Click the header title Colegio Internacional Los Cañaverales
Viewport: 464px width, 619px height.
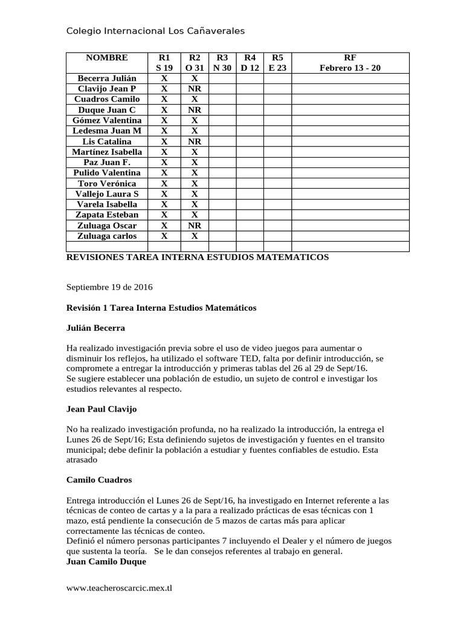click(x=155, y=31)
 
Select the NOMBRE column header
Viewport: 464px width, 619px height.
click(x=107, y=57)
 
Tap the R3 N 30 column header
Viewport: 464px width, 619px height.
click(x=222, y=63)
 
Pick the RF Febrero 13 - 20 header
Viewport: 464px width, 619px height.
click(x=350, y=63)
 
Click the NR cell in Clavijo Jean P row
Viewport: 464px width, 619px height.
click(x=195, y=89)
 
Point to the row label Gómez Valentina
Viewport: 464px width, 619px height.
click(x=107, y=120)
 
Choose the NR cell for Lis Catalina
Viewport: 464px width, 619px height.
click(x=195, y=141)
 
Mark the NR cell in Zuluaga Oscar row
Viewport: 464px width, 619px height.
click(x=195, y=225)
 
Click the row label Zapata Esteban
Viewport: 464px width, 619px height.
click(x=107, y=215)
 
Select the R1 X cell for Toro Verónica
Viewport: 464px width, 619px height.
click(x=164, y=184)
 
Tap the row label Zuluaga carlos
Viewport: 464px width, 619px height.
click(x=107, y=236)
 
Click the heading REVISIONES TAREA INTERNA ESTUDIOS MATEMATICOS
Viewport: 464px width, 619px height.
click(x=198, y=258)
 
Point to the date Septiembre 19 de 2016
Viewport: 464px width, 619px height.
click(x=110, y=288)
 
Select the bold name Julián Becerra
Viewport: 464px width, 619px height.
click(x=95, y=328)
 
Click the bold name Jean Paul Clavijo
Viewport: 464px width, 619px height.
click(x=101, y=409)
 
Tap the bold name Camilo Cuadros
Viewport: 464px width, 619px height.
click(x=98, y=480)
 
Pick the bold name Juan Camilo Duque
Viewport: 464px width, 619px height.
click(x=106, y=562)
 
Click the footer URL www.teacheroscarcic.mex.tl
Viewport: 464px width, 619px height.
click(x=119, y=588)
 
